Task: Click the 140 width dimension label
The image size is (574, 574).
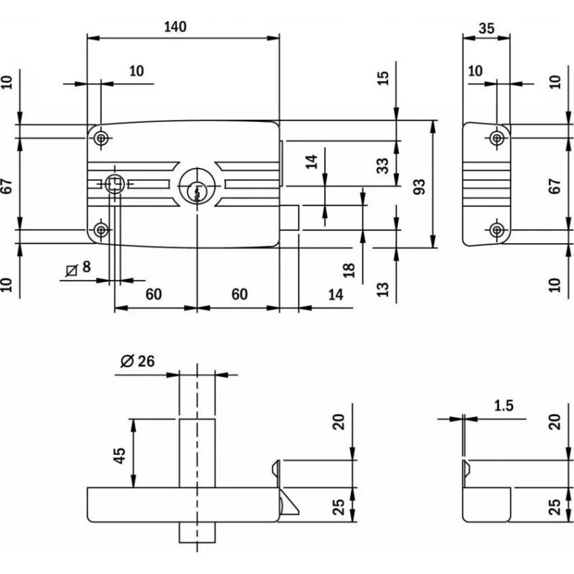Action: pos(174,27)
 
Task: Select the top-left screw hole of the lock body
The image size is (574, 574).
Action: pos(102,137)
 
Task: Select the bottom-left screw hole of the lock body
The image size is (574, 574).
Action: pos(102,230)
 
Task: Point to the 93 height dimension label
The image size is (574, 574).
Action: pos(421,186)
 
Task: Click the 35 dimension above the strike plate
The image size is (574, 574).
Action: pos(486,29)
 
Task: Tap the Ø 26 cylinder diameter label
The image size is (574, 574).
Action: pos(138,361)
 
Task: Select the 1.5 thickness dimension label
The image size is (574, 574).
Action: pos(504,406)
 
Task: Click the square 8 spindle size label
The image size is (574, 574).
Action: pos(78,268)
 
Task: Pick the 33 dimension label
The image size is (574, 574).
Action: pos(383,166)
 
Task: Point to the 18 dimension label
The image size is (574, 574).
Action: pos(349,270)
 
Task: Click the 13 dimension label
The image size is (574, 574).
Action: pos(383,289)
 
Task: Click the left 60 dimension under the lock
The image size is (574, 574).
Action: pos(153,294)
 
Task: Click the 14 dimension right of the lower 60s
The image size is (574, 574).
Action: pos(335,294)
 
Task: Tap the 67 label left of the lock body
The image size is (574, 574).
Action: pos(7,186)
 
